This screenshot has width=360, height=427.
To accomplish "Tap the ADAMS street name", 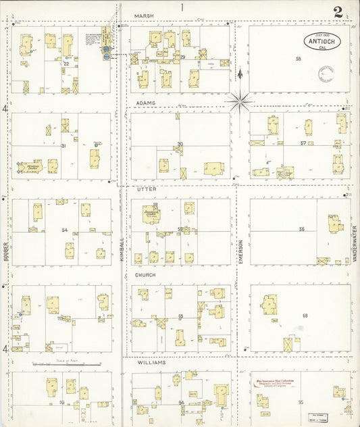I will click(145, 103).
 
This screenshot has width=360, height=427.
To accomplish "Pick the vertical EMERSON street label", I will click(241, 251).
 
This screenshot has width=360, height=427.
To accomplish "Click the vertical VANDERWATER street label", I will click(353, 243).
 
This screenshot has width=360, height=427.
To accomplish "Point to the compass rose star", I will click(239, 101).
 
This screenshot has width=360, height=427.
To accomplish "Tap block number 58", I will click(297, 59).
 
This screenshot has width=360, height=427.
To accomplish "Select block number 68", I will click(305, 316).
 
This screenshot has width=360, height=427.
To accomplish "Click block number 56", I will click(302, 229).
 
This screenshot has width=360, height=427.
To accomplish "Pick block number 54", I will click(65, 230).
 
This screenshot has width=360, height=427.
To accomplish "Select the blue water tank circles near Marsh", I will click(107, 53).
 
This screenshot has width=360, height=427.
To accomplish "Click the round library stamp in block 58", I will click(326, 74).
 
